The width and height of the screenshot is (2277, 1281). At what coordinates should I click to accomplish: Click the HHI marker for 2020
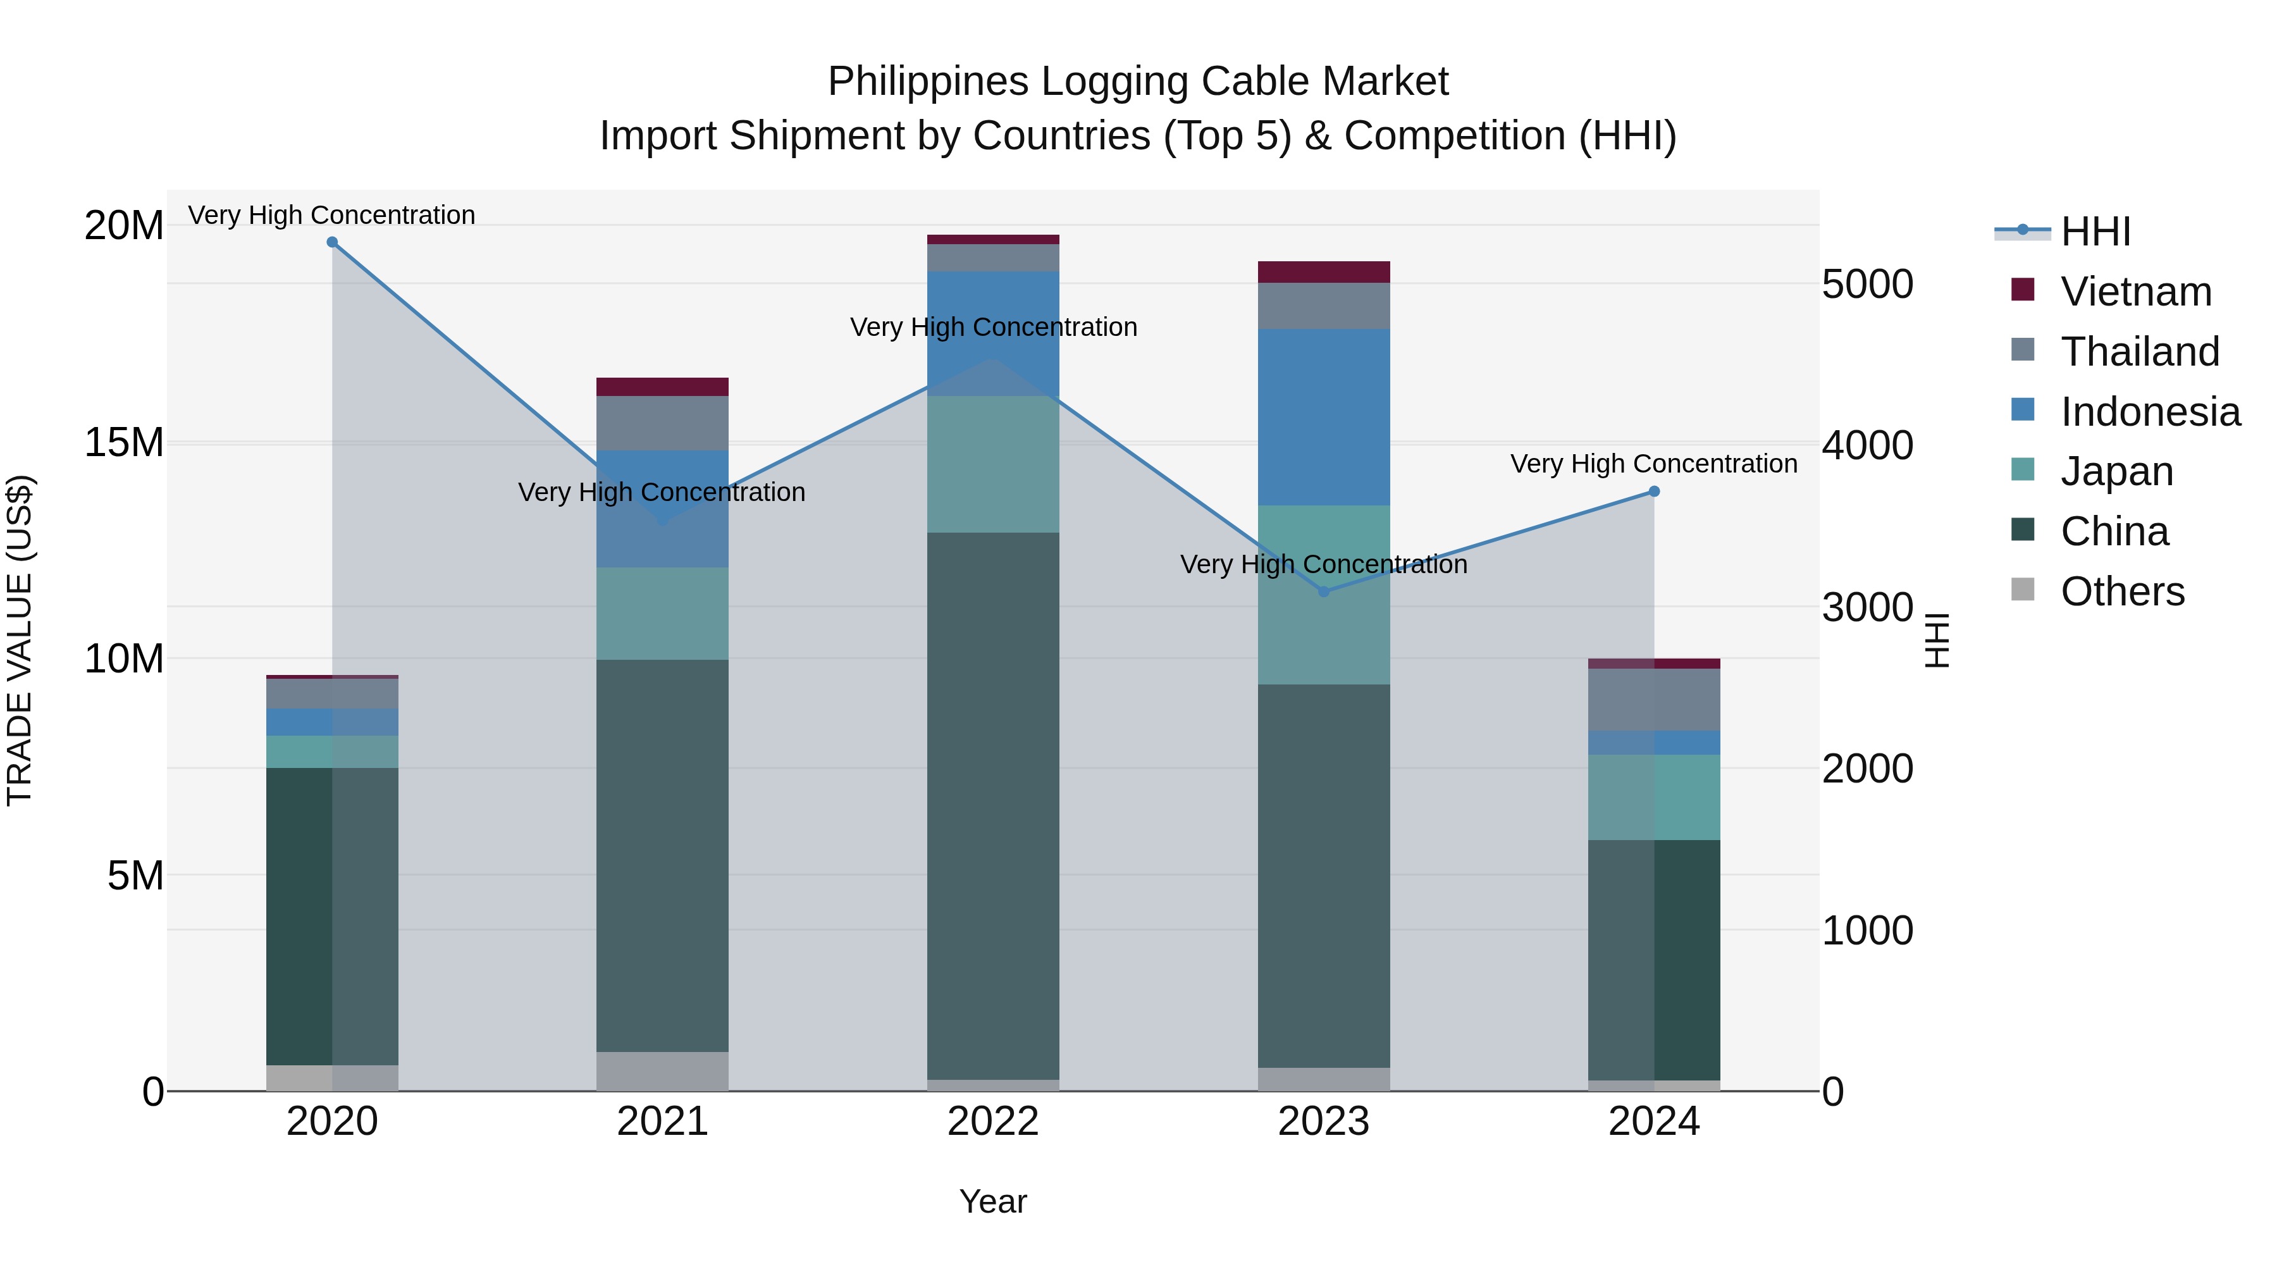(332, 242)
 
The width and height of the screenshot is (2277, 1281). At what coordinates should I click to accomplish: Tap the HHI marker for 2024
(1654, 492)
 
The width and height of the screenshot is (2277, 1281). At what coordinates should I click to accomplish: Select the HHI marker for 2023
(1323, 591)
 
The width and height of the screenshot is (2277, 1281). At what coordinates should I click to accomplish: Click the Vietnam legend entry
(2135, 292)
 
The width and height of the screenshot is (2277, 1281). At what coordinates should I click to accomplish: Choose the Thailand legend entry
(2139, 352)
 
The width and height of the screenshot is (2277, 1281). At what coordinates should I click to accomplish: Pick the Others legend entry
(2121, 591)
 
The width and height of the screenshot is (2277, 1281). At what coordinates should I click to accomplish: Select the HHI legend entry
(2095, 232)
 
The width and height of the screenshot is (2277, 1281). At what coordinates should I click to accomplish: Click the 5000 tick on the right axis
(1867, 285)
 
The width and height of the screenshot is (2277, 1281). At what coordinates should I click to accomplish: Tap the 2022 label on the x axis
(992, 1122)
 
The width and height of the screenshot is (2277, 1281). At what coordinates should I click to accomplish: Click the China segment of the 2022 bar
(992, 805)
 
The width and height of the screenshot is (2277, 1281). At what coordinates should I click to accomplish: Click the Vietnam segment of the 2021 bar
(662, 387)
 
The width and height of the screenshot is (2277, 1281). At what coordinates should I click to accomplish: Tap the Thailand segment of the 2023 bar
(1323, 306)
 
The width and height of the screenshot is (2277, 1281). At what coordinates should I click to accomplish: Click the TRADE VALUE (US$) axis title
(20, 640)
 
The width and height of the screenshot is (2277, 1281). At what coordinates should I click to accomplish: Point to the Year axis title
(992, 1201)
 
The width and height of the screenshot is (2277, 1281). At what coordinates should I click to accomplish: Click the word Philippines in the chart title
(928, 82)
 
